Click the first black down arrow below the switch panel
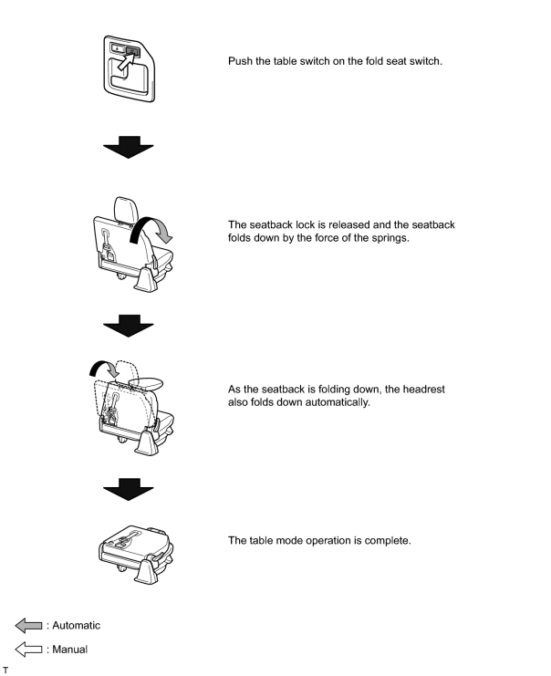pos(128,148)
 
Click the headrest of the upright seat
pos(126,210)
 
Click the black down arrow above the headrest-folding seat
pos(128,326)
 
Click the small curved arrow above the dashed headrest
pos(104,369)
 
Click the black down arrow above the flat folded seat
pos(128,489)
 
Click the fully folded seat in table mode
pos(136,555)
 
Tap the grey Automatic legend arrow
pos(29,625)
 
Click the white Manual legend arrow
pos(29,649)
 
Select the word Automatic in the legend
pos(77,626)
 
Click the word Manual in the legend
pos(70,650)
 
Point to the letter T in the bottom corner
pos(5,670)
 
